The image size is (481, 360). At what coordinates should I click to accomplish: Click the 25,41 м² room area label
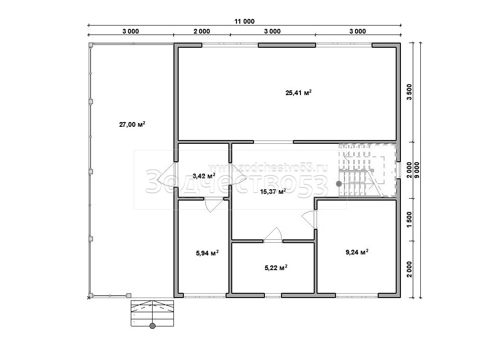tap(299, 92)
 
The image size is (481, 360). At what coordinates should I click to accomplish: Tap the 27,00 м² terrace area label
tap(132, 124)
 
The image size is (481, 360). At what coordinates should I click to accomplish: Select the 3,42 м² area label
tap(204, 176)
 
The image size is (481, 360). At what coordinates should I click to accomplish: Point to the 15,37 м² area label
tap(273, 192)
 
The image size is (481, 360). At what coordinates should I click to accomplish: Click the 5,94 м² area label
tap(207, 253)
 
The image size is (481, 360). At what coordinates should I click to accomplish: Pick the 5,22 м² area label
tap(276, 268)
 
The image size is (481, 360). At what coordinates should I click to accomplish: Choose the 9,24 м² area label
tap(357, 252)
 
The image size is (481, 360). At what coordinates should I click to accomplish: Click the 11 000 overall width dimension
tap(245, 21)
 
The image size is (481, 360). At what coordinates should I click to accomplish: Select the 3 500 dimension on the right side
tap(409, 92)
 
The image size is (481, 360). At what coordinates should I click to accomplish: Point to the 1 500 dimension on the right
tap(409, 220)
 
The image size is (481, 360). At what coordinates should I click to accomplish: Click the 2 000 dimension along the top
tap(201, 31)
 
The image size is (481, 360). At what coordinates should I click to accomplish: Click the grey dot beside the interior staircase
tap(339, 184)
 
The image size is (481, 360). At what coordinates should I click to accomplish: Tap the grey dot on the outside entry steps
tap(153, 326)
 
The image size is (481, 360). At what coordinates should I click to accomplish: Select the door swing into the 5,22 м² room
tap(273, 235)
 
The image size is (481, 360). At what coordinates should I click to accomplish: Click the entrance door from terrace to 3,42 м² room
tap(166, 177)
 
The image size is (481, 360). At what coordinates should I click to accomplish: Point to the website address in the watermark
tap(268, 167)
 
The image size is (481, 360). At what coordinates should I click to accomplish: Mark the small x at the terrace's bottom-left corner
tap(89, 298)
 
